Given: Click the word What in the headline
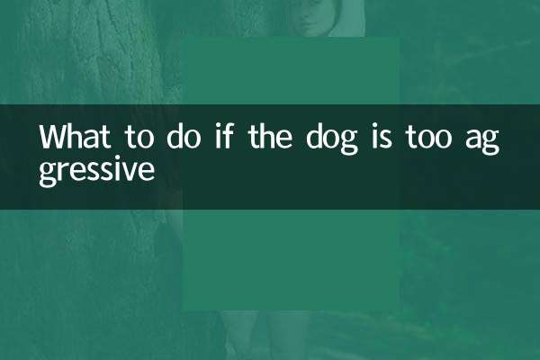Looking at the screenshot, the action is coord(75,137).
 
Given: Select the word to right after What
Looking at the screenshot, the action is coord(139,138).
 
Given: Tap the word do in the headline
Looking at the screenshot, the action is coord(184,137).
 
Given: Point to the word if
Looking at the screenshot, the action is coord(224,136).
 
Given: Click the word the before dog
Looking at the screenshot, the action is coord(270,137).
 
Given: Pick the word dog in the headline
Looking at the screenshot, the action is coord(331,139).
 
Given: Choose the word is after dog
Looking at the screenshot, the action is coord(382,137).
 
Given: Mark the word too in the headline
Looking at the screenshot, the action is coord(428,138).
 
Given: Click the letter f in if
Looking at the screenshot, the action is coord(228,136).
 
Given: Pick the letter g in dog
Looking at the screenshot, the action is coord(347,143).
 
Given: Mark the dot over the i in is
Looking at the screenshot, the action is coord(374,127).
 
